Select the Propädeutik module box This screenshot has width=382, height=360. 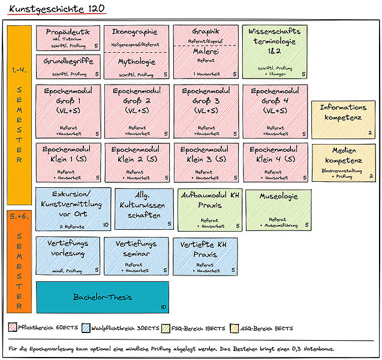point(68,38)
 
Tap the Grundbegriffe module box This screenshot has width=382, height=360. point(68,67)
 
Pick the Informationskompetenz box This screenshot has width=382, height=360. point(343,119)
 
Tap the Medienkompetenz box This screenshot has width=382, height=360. point(343,163)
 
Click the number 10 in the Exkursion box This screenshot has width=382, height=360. point(106,225)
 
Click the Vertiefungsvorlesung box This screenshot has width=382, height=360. point(68,256)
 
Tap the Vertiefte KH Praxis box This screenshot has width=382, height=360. point(205,256)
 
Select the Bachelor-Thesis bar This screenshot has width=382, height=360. point(103,297)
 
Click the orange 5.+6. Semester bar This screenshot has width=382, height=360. point(19,260)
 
